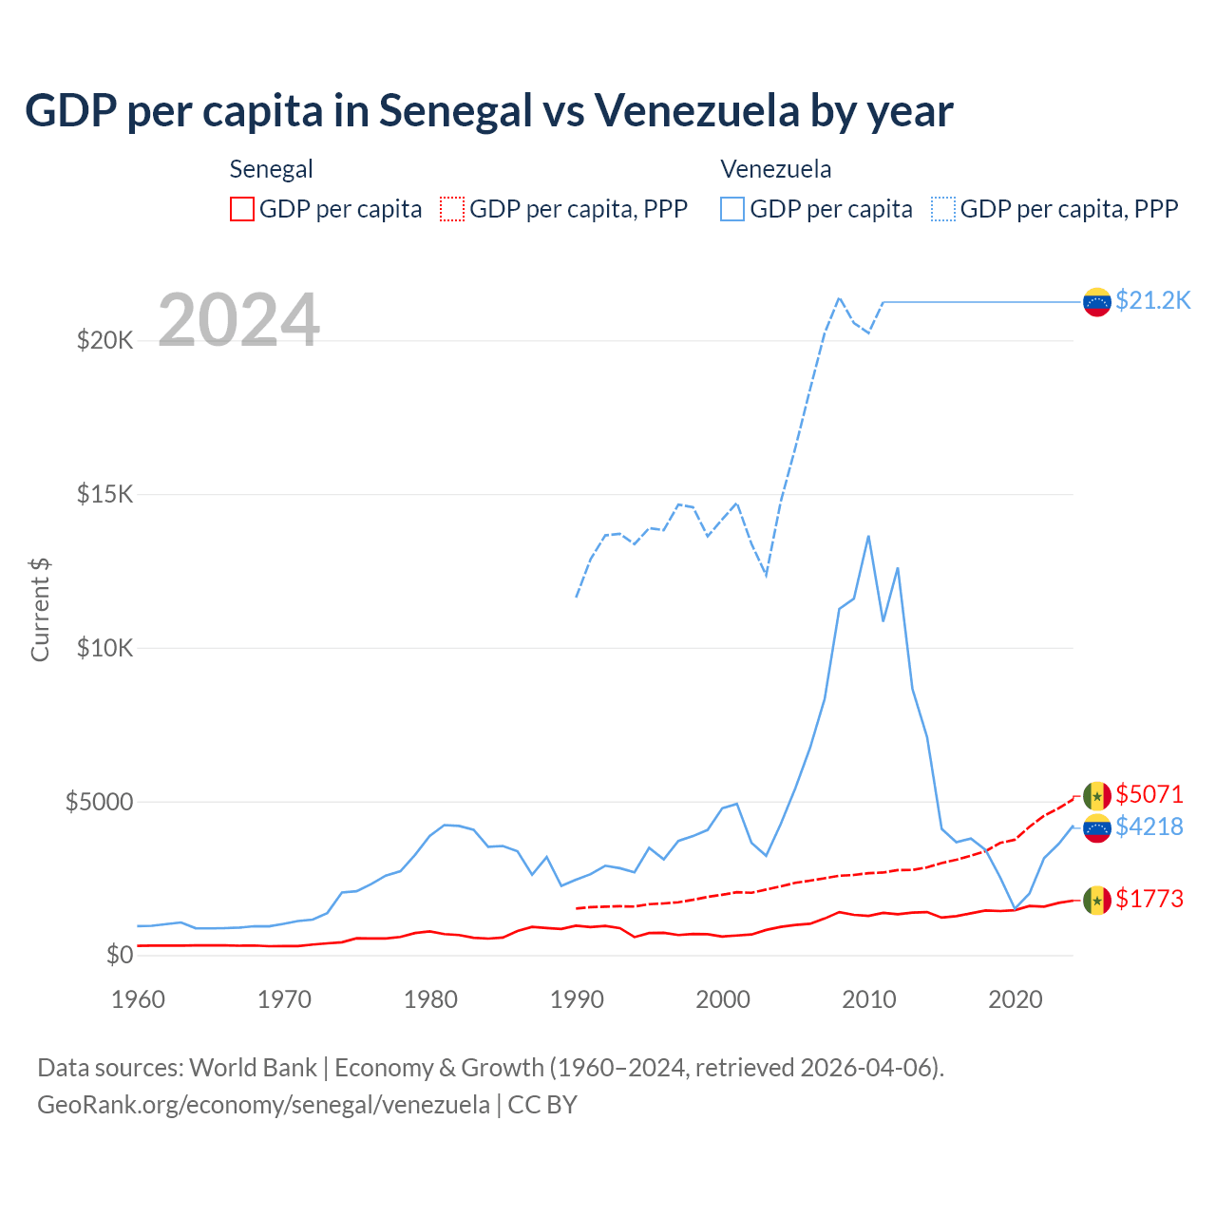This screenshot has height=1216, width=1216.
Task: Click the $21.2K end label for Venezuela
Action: [x=1152, y=301]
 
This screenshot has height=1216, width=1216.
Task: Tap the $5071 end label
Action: [x=1149, y=794]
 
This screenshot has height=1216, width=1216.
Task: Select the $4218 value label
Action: [x=1149, y=827]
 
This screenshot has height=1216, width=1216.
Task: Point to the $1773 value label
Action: [x=1149, y=899]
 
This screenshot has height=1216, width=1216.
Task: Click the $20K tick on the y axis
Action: [x=104, y=340]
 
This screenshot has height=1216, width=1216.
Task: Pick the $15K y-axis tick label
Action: [x=104, y=494]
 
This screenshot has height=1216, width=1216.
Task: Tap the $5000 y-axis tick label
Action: [x=99, y=802]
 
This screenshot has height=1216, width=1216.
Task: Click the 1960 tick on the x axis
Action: [x=139, y=999]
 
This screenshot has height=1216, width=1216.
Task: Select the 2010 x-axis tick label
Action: [x=869, y=999]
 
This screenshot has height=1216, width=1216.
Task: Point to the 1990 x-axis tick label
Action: [x=577, y=999]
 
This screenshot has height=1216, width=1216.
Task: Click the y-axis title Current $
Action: [x=40, y=610]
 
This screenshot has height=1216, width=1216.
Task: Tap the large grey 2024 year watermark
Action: [x=238, y=320]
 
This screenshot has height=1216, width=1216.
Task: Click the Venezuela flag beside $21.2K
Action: [x=1097, y=302]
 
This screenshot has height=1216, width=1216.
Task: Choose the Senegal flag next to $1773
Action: [x=1097, y=900]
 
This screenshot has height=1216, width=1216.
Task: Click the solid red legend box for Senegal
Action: [x=242, y=209]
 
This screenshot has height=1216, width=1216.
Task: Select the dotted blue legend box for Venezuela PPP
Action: [x=943, y=209]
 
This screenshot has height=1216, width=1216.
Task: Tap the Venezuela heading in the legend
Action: [x=775, y=169]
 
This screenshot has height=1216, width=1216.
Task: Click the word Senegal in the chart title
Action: [x=455, y=111]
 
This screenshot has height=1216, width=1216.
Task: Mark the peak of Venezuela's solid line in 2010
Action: [x=868, y=537]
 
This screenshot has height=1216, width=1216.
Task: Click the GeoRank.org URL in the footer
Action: [x=263, y=1105]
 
